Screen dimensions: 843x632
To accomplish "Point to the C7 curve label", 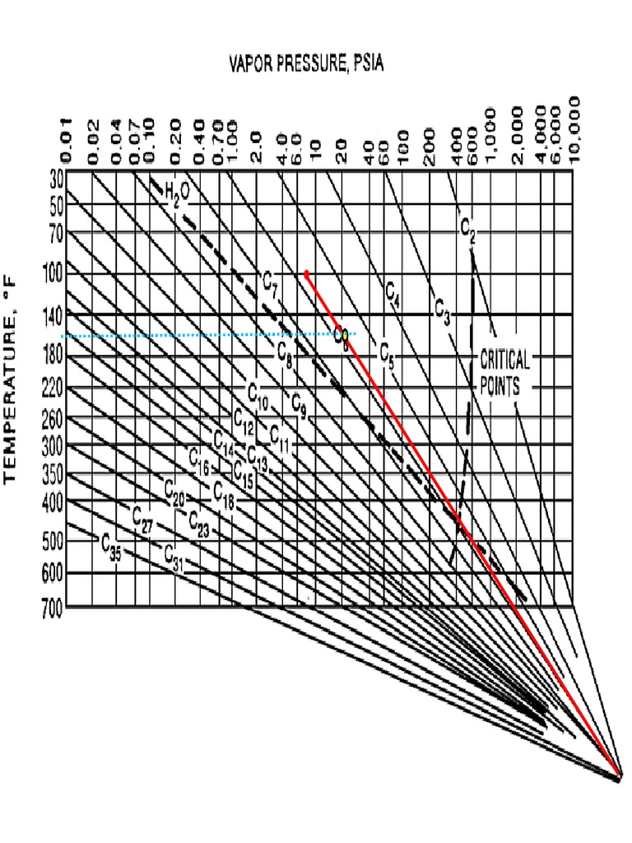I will pos(272,282).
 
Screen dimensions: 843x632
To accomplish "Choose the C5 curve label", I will pos(387,355).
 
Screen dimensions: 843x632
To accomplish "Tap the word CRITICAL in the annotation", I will pos(504,361).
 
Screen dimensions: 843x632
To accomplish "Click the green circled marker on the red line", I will pos(340,334).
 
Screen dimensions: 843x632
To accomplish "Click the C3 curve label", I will pos(443,314).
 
